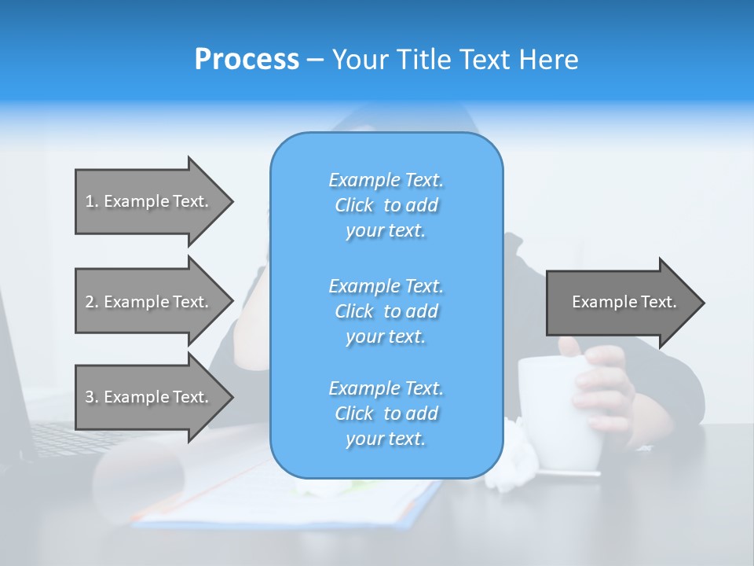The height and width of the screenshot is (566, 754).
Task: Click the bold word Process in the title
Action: tap(247, 59)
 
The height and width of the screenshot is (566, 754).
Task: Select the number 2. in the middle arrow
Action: tap(92, 302)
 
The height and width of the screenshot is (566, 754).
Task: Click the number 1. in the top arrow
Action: tap(92, 201)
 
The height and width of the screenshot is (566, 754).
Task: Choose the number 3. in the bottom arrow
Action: tap(92, 397)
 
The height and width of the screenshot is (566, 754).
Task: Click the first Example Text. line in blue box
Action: tap(386, 180)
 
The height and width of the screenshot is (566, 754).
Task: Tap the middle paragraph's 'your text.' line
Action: tap(386, 336)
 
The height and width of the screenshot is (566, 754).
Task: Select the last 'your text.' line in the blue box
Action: tap(386, 439)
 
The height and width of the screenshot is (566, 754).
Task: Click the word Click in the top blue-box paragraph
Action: tap(354, 205)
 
